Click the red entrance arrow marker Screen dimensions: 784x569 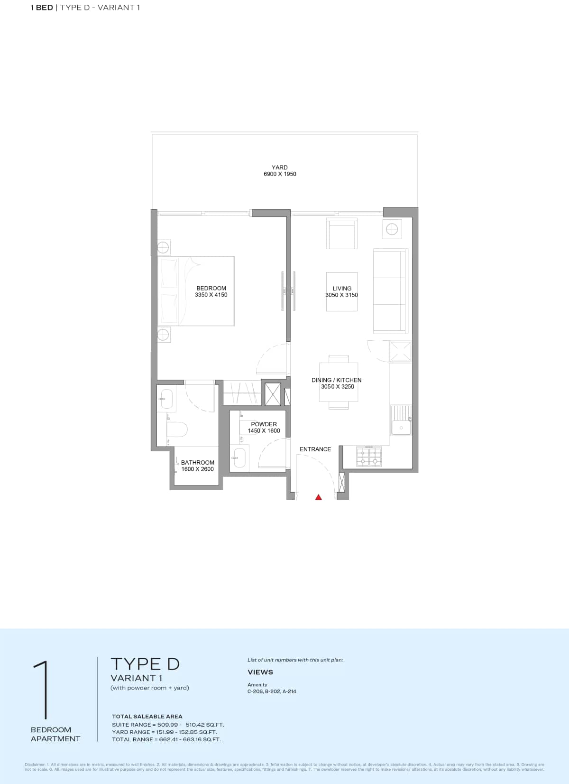pyautogui.click(x=319, y=497)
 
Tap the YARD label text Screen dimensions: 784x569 pyautogui.click(x=280, y=168)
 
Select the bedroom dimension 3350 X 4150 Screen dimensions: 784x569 pyautogui.click(x=211, y=295)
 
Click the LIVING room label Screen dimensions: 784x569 pyautogui.click(x=342, y=288)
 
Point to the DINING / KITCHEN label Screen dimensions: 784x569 pyautogui.click(x=336, y=380)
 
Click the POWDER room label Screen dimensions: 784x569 pyautogui.click(x=264, y=424)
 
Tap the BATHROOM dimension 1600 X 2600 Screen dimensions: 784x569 pyautogui.click(x=197, y=469)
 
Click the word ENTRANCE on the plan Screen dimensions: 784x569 pyautogui.click(x=315, y=449)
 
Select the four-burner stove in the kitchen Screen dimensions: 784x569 pyautogui.click(x=369, y=457)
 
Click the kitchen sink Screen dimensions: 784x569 pyautogui.click(x=401, y=420)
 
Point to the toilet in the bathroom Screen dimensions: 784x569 pyautogui.click(x=177, y=430)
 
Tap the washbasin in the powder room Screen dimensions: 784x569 pyautogui.click(x=239, y=458)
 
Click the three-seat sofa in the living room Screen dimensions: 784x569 pyautogui.click(x=390, y=290)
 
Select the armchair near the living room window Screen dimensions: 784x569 pyautogui.click(x=341, y=234)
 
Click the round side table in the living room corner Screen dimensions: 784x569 pyautogui.click(x=392, y=229)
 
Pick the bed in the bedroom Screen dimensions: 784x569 pyautogui.click(x=196, y=290)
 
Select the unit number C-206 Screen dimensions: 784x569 pyautogui.click(x=255, y=691)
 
